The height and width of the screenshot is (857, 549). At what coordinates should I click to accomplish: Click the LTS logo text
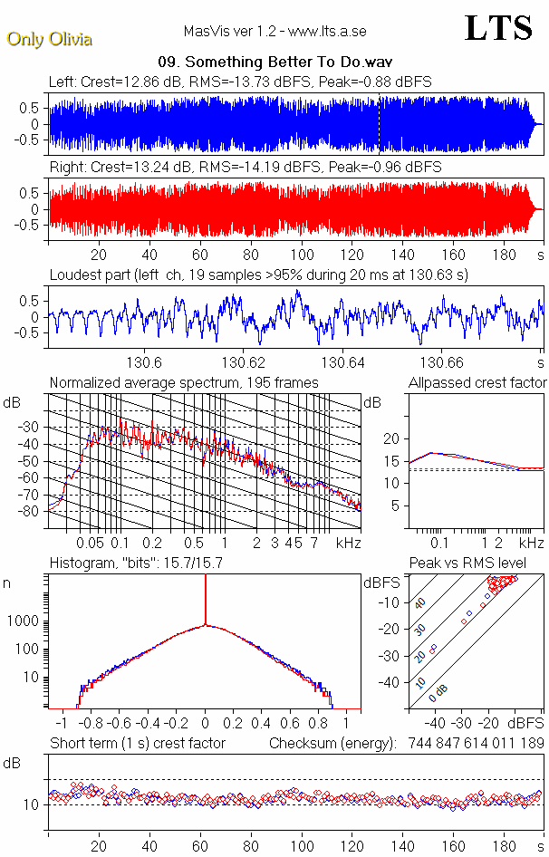coord(497,28)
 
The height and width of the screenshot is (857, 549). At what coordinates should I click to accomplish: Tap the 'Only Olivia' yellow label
coord(49,39)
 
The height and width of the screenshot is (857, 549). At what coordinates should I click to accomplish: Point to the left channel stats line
coord(240,82)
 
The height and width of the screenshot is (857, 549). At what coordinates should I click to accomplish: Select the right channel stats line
coord(246,167)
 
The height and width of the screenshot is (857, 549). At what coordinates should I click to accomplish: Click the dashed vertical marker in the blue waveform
coord(379,124)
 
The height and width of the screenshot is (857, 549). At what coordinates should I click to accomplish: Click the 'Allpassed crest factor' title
coord(477,382)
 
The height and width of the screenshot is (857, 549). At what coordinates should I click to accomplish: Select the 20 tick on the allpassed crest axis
coord(392,438)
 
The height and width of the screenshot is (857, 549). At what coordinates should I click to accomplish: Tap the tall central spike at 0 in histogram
coord(206,598)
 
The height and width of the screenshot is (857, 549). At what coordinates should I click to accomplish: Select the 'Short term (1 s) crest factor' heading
coord(138,743)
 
